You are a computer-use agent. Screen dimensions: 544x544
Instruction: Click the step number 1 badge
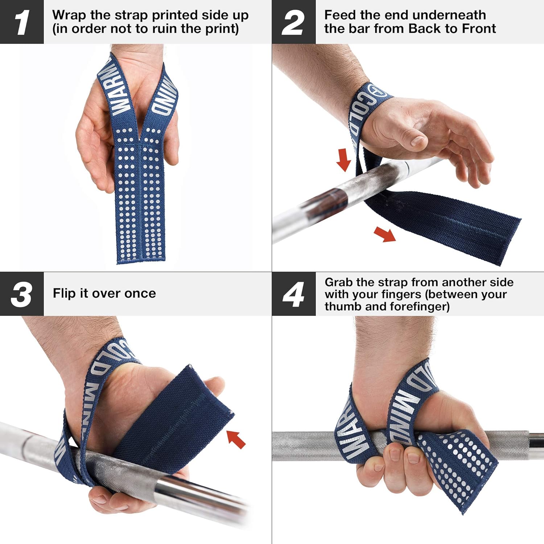tap(22, 22)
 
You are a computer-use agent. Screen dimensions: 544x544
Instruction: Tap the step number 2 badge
tap(293, 22)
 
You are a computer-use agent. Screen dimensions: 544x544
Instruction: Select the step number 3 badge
tap(22, 294)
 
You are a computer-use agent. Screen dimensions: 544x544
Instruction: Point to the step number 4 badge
tap(293, 294)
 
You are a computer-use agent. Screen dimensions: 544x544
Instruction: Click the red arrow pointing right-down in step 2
tap(385, 234)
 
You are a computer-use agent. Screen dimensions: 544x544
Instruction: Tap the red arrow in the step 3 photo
tap(236, 439)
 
